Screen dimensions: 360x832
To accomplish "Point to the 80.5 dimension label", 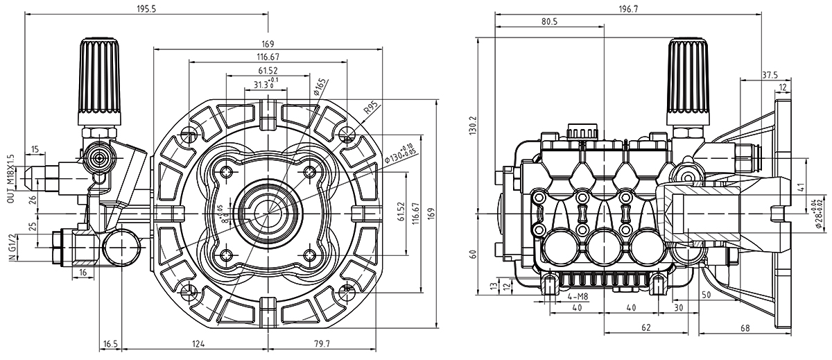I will point(549,22).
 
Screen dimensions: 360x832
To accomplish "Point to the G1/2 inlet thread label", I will point(10,247).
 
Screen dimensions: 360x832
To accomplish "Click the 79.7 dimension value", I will point(320,343).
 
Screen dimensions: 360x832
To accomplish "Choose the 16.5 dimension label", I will point(110,343).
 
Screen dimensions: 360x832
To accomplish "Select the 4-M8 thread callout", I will point(578,297).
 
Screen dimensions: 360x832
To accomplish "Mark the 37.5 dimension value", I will point(770,74).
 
